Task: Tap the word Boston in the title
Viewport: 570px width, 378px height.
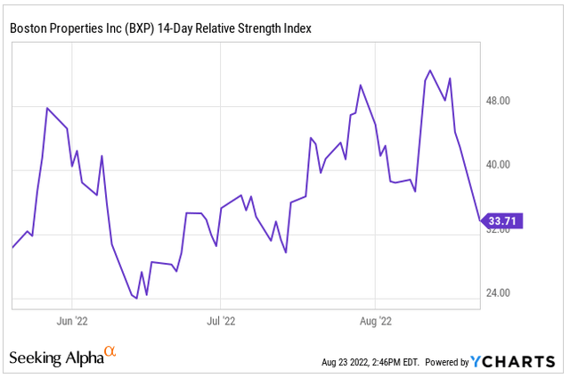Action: pos(28,29)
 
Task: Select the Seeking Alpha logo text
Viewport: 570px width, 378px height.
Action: pos(55,358)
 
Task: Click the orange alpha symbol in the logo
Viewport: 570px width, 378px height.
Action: pos(110,352)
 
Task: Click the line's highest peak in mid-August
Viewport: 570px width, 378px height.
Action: pos(430,70)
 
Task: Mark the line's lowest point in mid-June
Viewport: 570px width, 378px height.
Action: pos(136,298)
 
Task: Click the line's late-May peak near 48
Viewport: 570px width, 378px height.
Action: pos(47,108)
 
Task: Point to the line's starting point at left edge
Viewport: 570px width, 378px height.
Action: pos(12,247)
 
